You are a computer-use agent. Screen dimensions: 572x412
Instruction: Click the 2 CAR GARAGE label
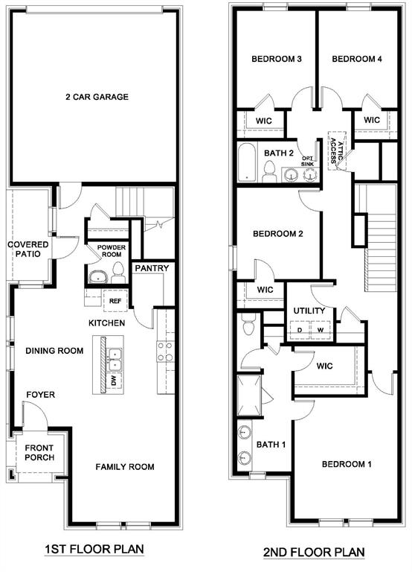(97, 97)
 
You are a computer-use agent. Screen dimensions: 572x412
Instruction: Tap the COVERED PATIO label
(28, 250)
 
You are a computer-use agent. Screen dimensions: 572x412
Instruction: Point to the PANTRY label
(152, 269)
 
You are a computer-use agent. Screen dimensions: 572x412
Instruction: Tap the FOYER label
(41, 395)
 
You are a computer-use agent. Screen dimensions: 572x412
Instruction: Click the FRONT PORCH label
(39, 452)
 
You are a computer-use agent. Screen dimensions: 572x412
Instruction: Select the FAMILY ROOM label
(125, 467)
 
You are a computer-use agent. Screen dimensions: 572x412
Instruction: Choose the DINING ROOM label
(54, 351)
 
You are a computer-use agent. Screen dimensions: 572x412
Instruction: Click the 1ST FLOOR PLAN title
(94, 549)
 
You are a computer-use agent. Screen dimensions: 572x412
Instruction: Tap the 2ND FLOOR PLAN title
(314, 552)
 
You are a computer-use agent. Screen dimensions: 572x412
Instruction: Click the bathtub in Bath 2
(246, 163)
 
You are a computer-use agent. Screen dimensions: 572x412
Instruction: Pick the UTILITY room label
(308, 311)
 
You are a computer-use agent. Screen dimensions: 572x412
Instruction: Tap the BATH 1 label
(271, 445)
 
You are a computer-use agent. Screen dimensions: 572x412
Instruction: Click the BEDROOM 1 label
(347, 464)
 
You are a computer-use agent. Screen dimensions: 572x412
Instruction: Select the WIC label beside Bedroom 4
(372, 119)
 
